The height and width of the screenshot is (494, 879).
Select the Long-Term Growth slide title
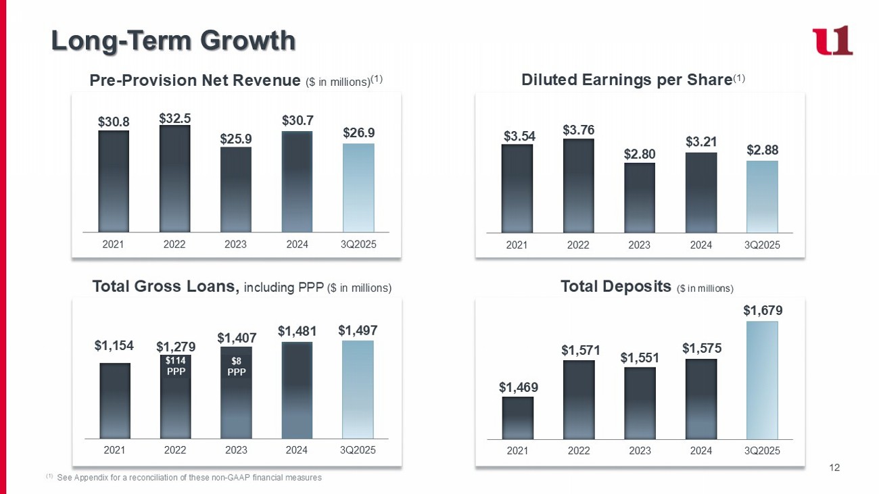pyautogui.click(x=174, y=41)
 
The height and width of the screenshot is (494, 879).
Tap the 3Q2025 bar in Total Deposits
pyautogui.click(x=762, y=380)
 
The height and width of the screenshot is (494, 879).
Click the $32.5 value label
pyautogui.click(x=174, y=118)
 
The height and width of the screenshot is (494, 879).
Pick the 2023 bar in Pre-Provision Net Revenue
pyautogui.click(x=235, y=189)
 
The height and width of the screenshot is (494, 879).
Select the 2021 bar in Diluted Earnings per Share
pyautogui.click(x=517, y=188)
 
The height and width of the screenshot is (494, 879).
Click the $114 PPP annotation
pyautogui.click(x=175, y=366)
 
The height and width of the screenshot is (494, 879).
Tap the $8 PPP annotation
pyautogui.click(x=236, y=366)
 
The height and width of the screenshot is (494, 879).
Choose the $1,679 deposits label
pyautogui.click(x=761, y=310)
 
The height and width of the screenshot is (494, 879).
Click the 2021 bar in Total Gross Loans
pyautogui.click(x=114, y=401)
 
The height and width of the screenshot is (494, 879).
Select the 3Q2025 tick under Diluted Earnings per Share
pyautogui.click(x=762, y=245)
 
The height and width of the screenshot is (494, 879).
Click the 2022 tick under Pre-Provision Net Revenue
pyautogui.click(x=174, y=244)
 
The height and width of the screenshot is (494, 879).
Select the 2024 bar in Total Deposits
pyautogui.click(x=701, y=399)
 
